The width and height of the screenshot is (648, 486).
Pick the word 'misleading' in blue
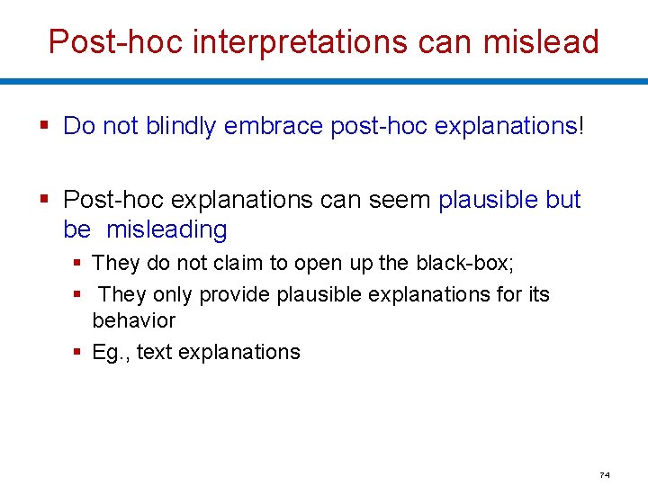[166, 229]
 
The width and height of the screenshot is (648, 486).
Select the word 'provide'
[235, 294]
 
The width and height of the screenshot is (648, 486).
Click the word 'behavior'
[134, 320]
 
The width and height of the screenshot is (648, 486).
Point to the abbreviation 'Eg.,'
[112, 352]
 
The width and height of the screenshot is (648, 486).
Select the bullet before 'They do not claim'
[78, 264]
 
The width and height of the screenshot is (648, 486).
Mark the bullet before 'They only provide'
[78, 294]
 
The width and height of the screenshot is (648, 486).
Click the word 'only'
[174, 294]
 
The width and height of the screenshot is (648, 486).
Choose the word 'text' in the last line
[155, 352]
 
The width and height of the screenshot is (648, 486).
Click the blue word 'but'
[563, 199]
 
